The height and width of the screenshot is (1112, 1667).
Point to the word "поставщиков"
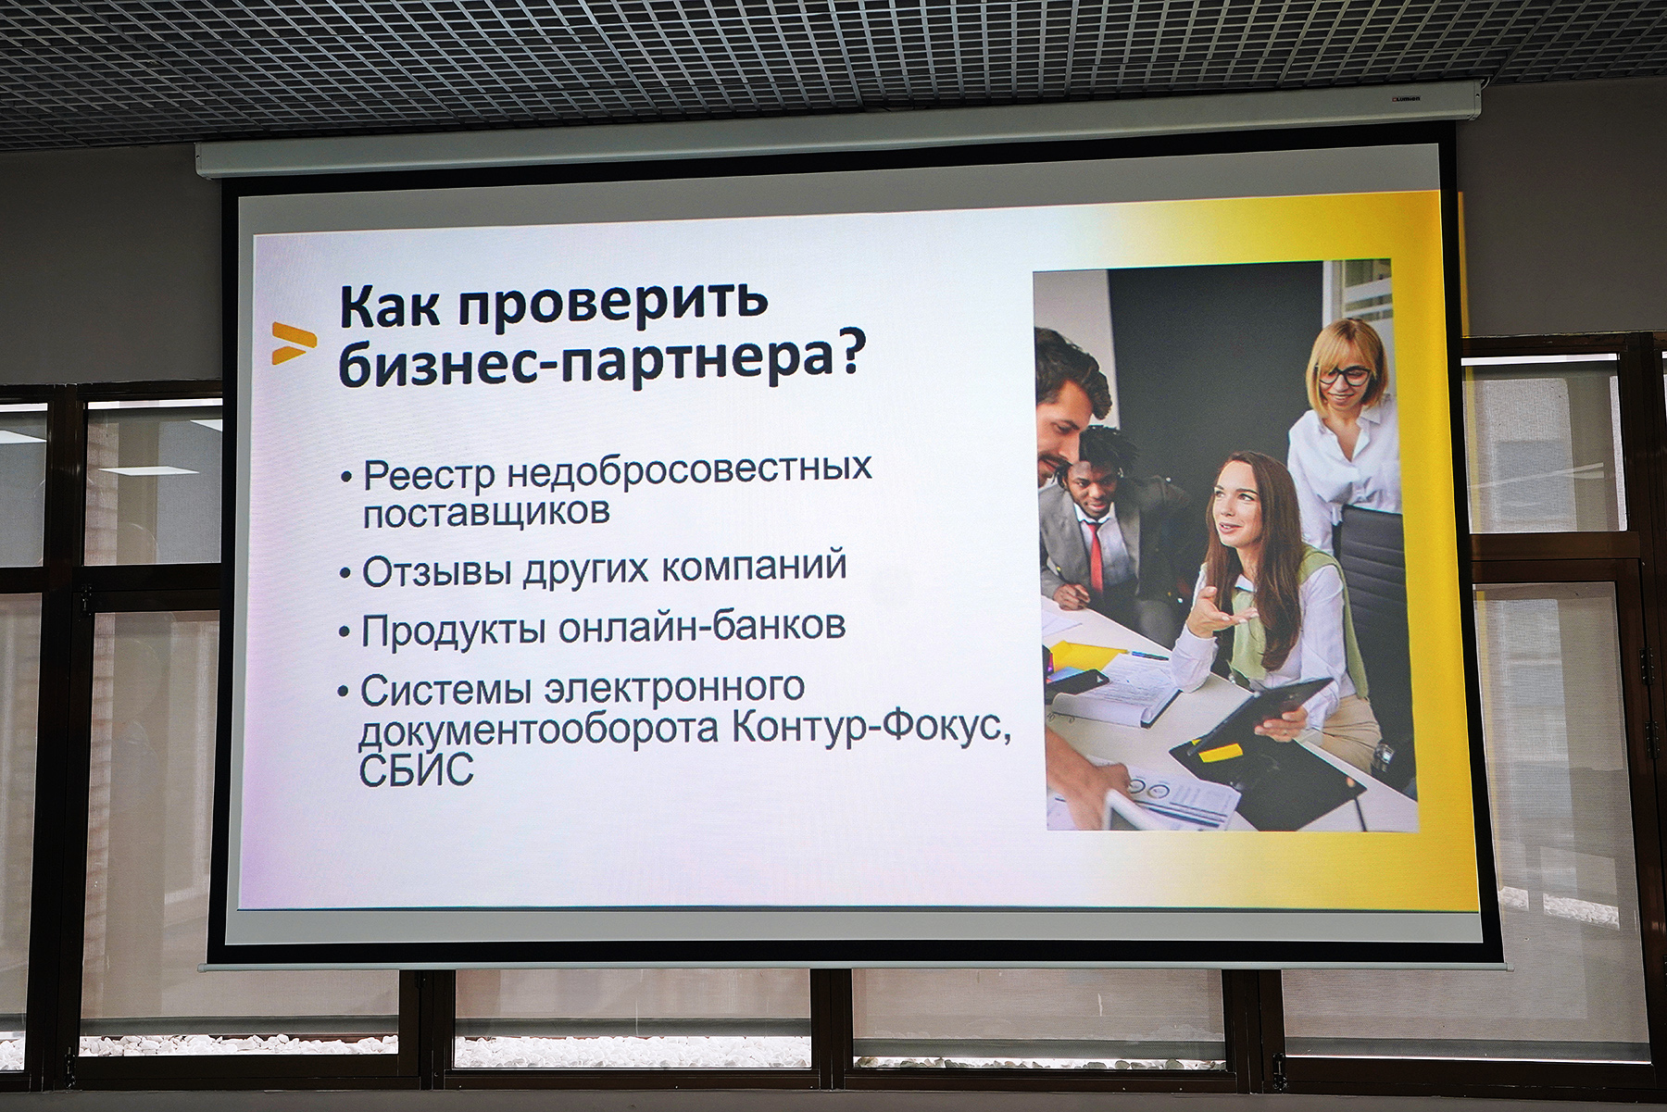485,512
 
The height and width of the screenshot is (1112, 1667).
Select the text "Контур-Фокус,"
871,727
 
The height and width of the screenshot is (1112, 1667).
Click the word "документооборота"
540,731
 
